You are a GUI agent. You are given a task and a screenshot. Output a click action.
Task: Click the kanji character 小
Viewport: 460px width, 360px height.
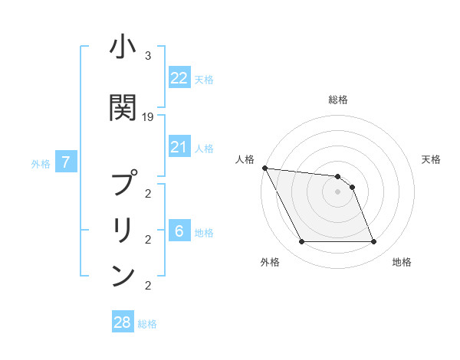point(123,48)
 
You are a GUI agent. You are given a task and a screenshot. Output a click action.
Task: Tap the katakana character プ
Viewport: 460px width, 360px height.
point(123,184)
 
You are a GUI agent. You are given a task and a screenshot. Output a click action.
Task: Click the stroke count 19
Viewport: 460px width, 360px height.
point(148,117)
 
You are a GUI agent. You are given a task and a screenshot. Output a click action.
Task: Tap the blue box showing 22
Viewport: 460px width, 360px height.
point(179,78)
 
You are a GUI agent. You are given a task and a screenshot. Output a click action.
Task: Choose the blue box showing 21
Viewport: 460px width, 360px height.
point(179,147)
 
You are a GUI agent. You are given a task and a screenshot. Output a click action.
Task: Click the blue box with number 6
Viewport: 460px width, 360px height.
point(179,231)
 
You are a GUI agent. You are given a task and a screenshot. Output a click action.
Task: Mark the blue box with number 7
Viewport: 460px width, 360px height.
point(67,162)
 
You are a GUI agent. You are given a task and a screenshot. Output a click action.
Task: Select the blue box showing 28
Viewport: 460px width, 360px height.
point(123,322)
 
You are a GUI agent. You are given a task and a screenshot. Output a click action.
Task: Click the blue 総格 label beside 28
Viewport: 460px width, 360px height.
point(147,324)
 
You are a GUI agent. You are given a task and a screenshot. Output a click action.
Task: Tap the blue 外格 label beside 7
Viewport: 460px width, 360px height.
point(41,164)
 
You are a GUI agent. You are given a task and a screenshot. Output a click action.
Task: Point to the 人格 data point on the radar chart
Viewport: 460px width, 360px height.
point(264,168)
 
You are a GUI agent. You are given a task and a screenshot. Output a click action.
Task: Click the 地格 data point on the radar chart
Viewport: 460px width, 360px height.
point(373,242)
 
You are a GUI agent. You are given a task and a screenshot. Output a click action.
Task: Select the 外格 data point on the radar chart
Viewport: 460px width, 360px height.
point(301,242)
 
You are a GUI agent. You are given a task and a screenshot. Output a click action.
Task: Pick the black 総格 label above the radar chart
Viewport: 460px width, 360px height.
point(337,100)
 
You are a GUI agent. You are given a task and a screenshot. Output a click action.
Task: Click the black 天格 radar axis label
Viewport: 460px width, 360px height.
point(432,159)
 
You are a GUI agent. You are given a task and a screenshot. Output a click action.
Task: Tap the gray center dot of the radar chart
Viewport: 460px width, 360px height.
point(337,191)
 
